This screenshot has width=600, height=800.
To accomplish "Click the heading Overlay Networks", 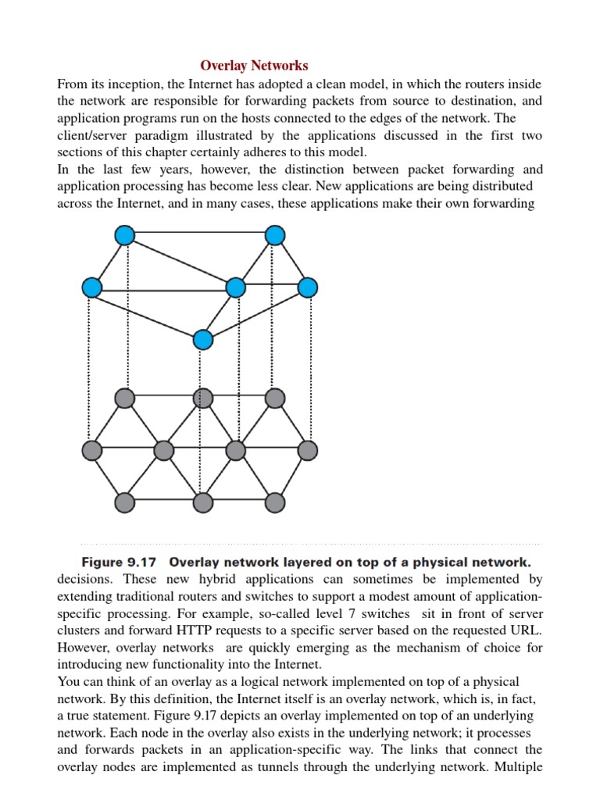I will tap(254, 66).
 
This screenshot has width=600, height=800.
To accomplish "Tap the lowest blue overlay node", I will tap(202, 339).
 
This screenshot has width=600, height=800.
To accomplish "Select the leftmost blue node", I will tap(92, 287).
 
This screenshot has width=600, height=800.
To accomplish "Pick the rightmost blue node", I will tap(308, 287).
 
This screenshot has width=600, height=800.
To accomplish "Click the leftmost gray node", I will tap(92, 450).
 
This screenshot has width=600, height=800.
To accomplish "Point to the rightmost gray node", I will tap(308, 450).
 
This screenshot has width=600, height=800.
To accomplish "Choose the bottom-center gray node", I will tap(202, 502).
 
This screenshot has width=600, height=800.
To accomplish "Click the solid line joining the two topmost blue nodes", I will tap(199, 234).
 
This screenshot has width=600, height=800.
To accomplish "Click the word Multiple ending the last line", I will tap(516, 767).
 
